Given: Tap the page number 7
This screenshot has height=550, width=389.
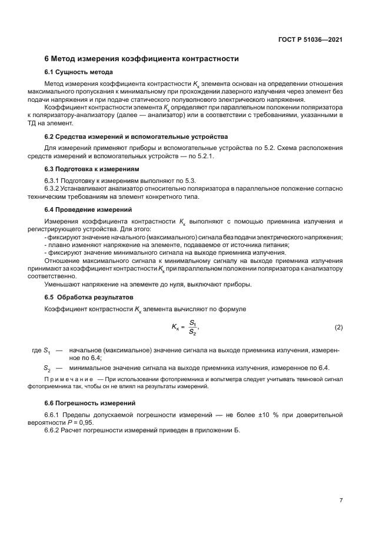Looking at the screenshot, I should click(x=341, y=500).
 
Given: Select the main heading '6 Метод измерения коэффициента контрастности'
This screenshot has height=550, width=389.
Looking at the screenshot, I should click(x=141, y=59).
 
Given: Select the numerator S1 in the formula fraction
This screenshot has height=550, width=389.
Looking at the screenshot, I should click(x=193, y=322).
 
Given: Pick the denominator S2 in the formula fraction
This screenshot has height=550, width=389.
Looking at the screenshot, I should click(x=193, y=332).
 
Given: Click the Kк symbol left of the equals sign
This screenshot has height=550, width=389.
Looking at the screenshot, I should click(x=176, y=327).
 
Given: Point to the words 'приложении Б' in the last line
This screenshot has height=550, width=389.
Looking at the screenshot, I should click(x=220, y=430).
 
